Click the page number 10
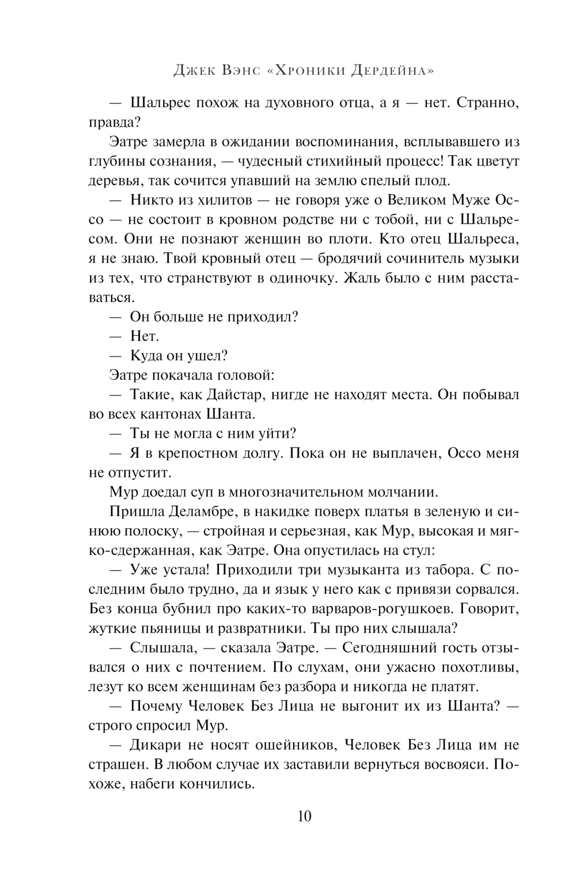tap(305, 816)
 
